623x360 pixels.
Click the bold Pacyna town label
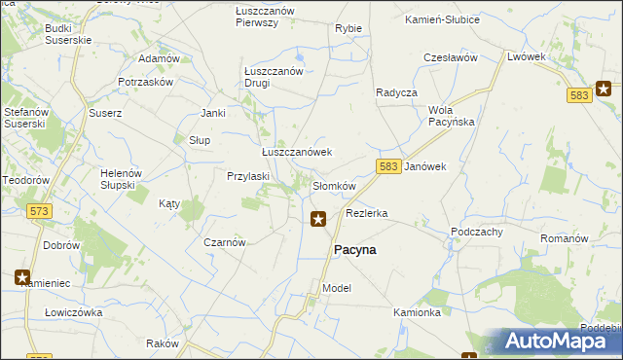click(x=355, y=250)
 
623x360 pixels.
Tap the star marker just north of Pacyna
click(x=317, y=220)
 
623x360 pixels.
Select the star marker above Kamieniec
click(x=22, y=277)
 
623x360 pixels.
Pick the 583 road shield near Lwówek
click(x=579, y=95)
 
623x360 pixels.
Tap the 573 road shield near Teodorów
click(x=40, y=211)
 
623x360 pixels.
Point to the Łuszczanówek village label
click(x=297, y=153)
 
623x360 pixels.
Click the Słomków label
click(x=334, y=186)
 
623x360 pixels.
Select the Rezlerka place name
click(x=367, y=213)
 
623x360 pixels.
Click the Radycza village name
click(x=396, y=92)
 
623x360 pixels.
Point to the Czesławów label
click(x=450, y=58)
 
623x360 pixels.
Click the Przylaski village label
click(x=247, y=177)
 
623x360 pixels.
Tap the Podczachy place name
click(x=476, y=232)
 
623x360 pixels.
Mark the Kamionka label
click(x=418, y=313)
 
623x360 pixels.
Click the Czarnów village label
click(x=224, y=242)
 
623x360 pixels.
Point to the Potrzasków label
click(x=145, y=83)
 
